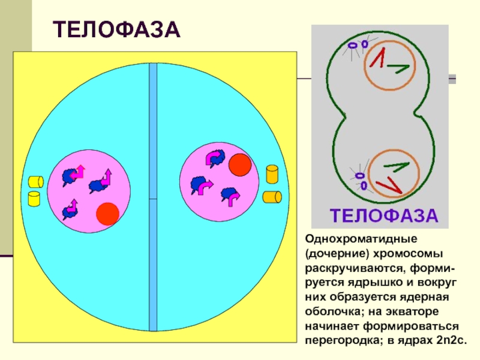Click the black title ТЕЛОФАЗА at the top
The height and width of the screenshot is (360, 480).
117,28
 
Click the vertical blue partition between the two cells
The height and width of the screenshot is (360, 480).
153,198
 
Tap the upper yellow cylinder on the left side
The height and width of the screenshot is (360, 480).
36,181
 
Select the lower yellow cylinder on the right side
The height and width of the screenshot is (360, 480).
272,197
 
